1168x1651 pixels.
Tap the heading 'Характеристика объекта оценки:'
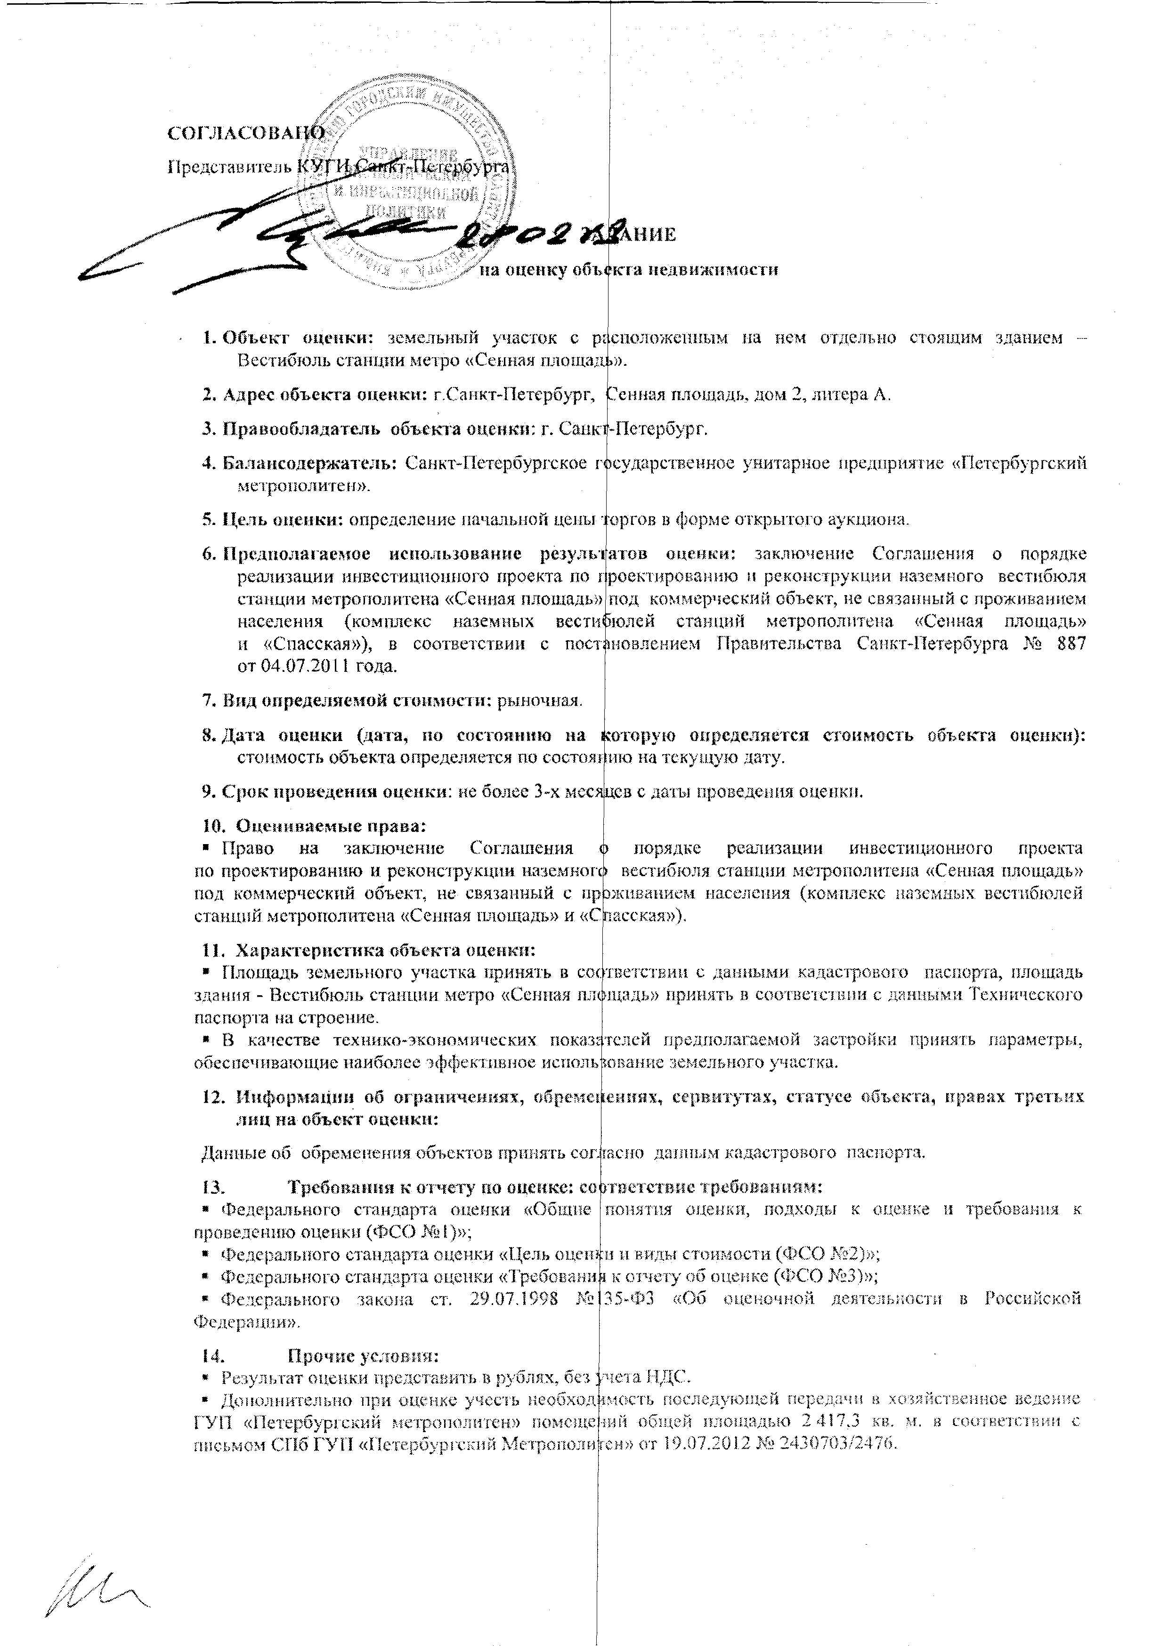click(386, 950)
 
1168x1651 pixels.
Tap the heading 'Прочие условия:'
click(363, 1356)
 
